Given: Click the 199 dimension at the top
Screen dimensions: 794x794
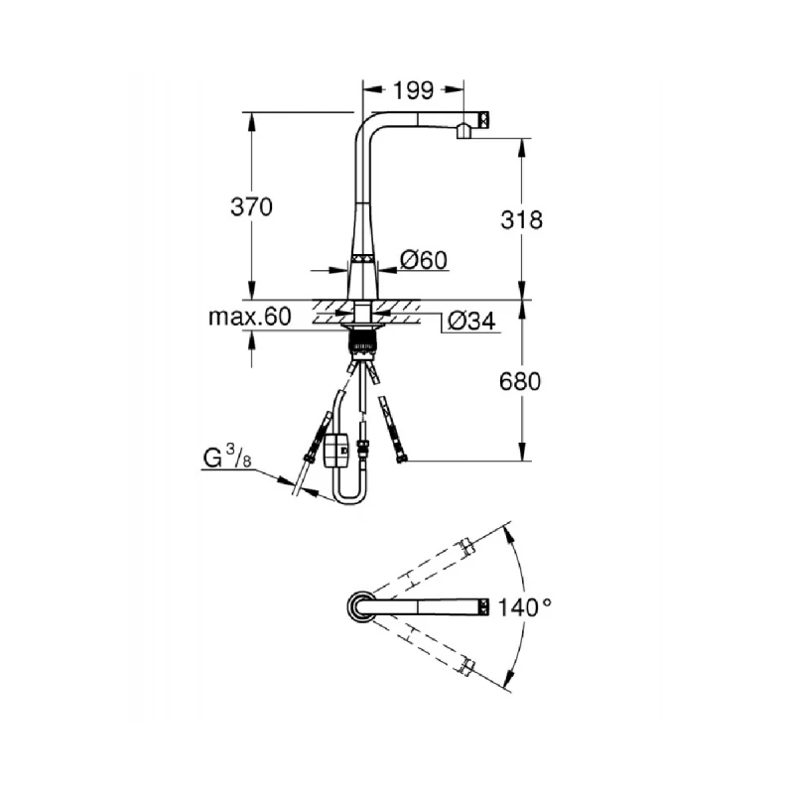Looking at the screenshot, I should pos(414,91).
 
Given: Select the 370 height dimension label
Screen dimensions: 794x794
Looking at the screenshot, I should pos(251,207).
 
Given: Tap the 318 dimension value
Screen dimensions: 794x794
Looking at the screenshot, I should pos(522,219).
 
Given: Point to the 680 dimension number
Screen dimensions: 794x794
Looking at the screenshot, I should pos(520,381).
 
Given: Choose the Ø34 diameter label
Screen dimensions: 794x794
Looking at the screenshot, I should pos(470,322).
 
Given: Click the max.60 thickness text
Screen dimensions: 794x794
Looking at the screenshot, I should pos(249,318).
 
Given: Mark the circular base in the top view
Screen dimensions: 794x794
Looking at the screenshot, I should pos(360,606).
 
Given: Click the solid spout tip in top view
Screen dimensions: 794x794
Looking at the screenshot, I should pos(483,605).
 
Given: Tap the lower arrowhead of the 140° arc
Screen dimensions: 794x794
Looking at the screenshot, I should pos(510,684).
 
